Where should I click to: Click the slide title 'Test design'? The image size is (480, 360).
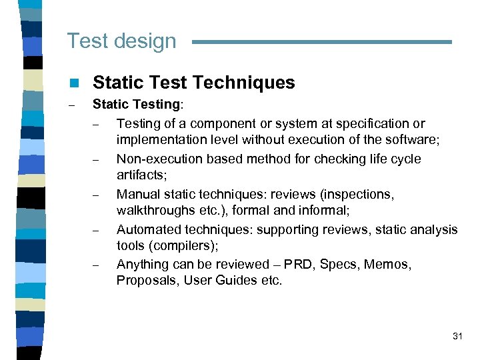click(x=121, y=41)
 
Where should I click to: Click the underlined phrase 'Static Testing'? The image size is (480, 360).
click(x=135, y=105)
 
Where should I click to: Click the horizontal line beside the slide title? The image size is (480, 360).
click(x=322, y=42)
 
